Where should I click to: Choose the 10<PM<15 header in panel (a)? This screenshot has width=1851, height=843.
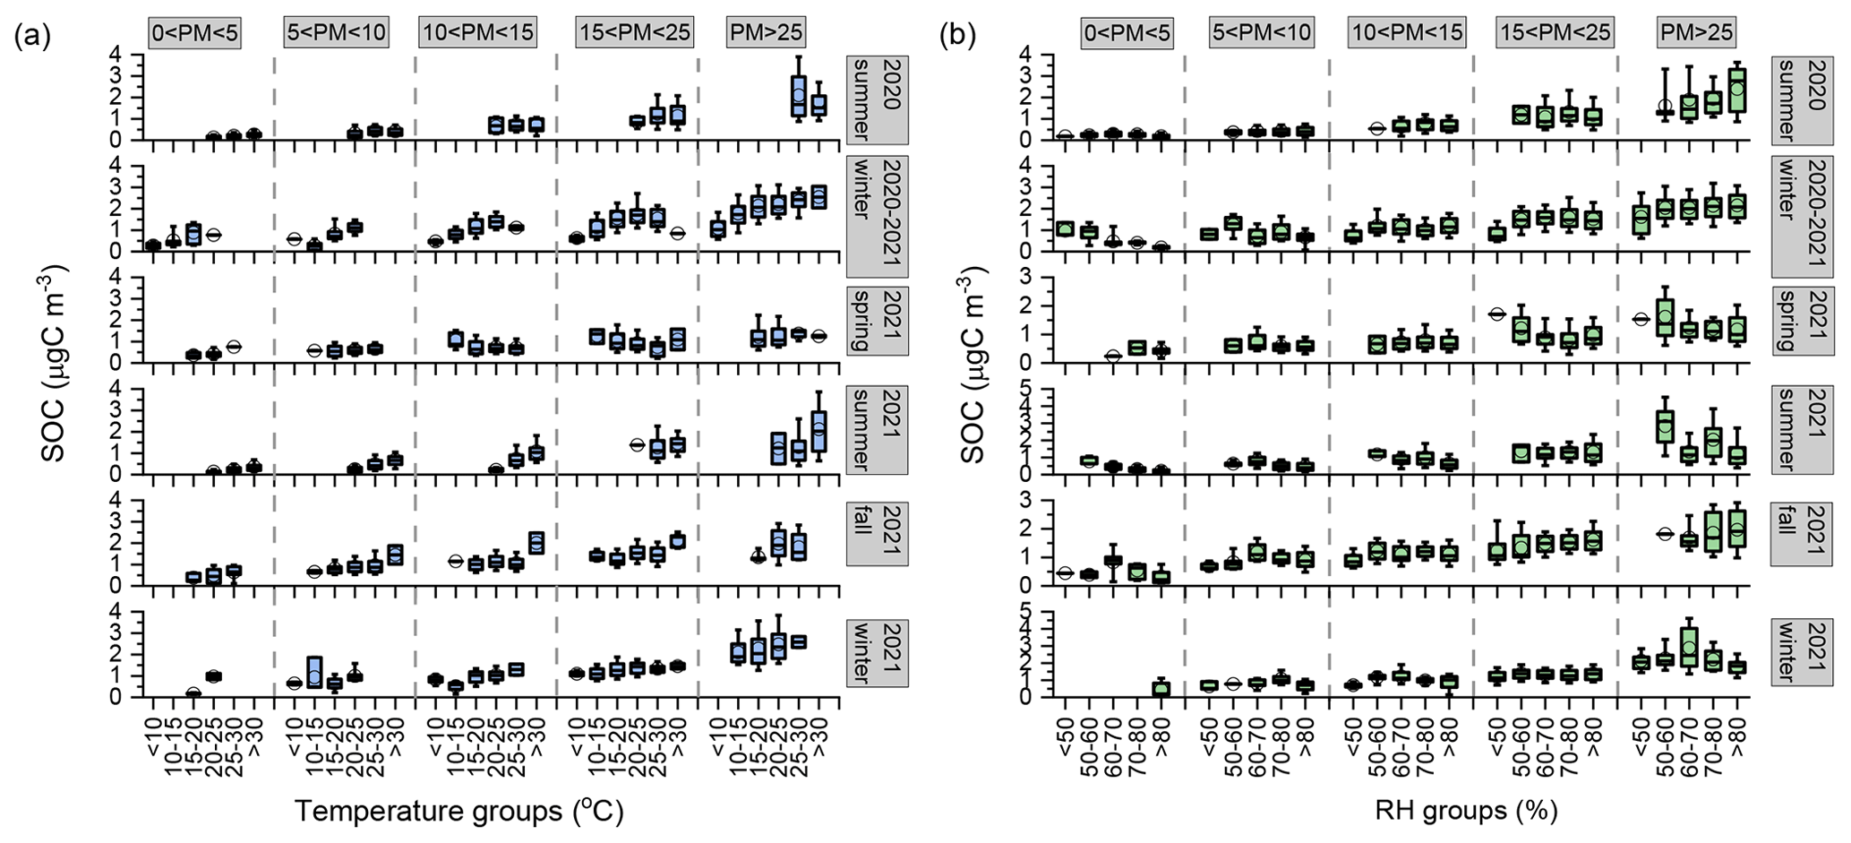tap(476, 33)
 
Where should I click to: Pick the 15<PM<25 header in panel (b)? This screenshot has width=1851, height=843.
tap(1554, 33)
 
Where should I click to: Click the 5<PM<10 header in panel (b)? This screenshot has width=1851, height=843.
tap(1261, 33)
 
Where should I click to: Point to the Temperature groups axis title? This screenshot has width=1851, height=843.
tap(458, 812)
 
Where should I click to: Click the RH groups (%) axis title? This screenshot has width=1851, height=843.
tap(1467, 812)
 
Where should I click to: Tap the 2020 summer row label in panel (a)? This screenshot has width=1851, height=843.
tap(878, 99)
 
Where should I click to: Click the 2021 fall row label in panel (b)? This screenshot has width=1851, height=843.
tap(1803, 534)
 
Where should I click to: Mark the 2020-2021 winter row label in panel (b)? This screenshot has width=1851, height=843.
tap(1803, 216)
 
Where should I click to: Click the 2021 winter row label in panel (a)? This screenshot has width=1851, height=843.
tap(878, 652)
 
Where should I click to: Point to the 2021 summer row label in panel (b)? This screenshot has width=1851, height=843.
tap(1803, 430)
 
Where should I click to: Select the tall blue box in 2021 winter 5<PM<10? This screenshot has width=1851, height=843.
tap(314, 672)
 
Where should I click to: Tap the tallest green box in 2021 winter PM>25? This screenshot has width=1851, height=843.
tap(1689, 658)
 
